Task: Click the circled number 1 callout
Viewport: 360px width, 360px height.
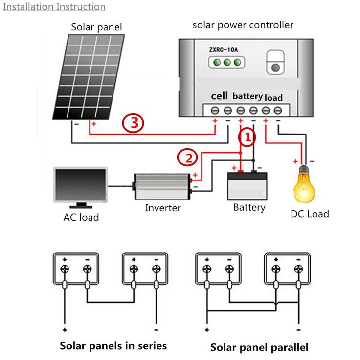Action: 247,138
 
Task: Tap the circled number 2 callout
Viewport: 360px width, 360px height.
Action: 187,157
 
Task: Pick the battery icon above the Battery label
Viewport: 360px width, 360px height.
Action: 248,184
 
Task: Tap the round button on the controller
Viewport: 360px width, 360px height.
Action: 275,68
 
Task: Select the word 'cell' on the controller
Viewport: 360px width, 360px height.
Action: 220,96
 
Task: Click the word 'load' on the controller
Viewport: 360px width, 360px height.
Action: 274,97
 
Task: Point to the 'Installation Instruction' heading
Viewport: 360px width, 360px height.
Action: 54,7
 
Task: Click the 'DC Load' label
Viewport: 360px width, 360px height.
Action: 310,214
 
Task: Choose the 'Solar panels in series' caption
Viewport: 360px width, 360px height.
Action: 113,346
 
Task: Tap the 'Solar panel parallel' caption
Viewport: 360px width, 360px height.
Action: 259,347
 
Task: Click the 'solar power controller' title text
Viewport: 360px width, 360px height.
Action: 243,25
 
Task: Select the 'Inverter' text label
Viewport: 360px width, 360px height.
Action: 163,208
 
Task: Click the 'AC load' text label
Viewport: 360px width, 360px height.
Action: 81,217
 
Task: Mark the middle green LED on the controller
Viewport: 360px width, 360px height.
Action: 226,62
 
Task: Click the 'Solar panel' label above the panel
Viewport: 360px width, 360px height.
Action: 96,27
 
